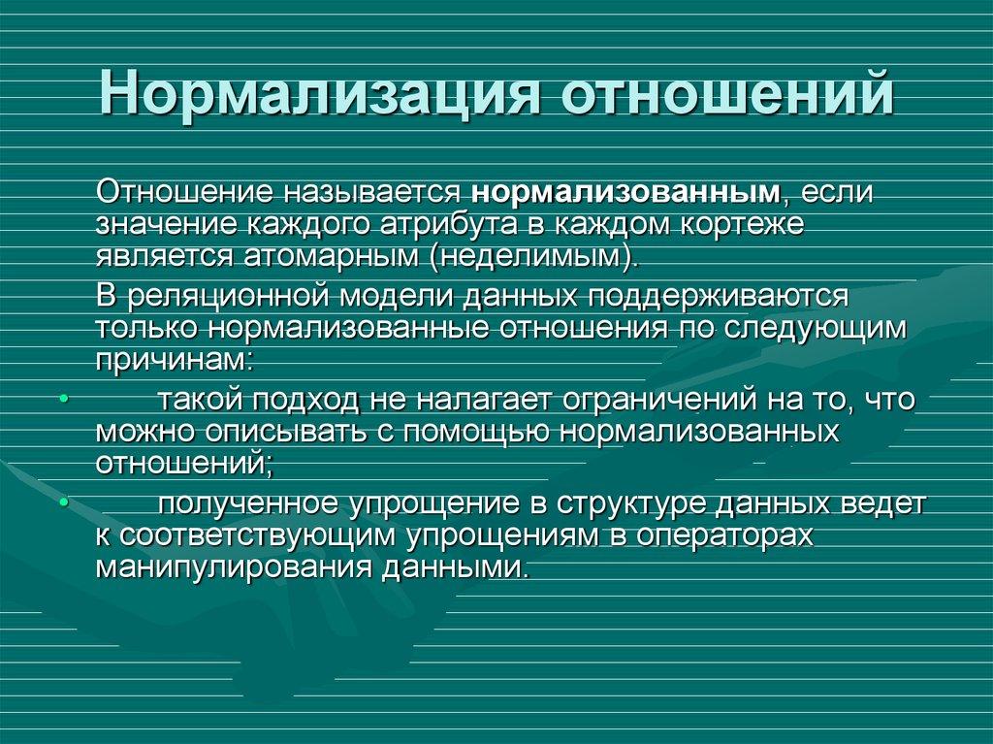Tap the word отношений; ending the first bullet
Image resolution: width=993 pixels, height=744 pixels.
pos(184,464)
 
